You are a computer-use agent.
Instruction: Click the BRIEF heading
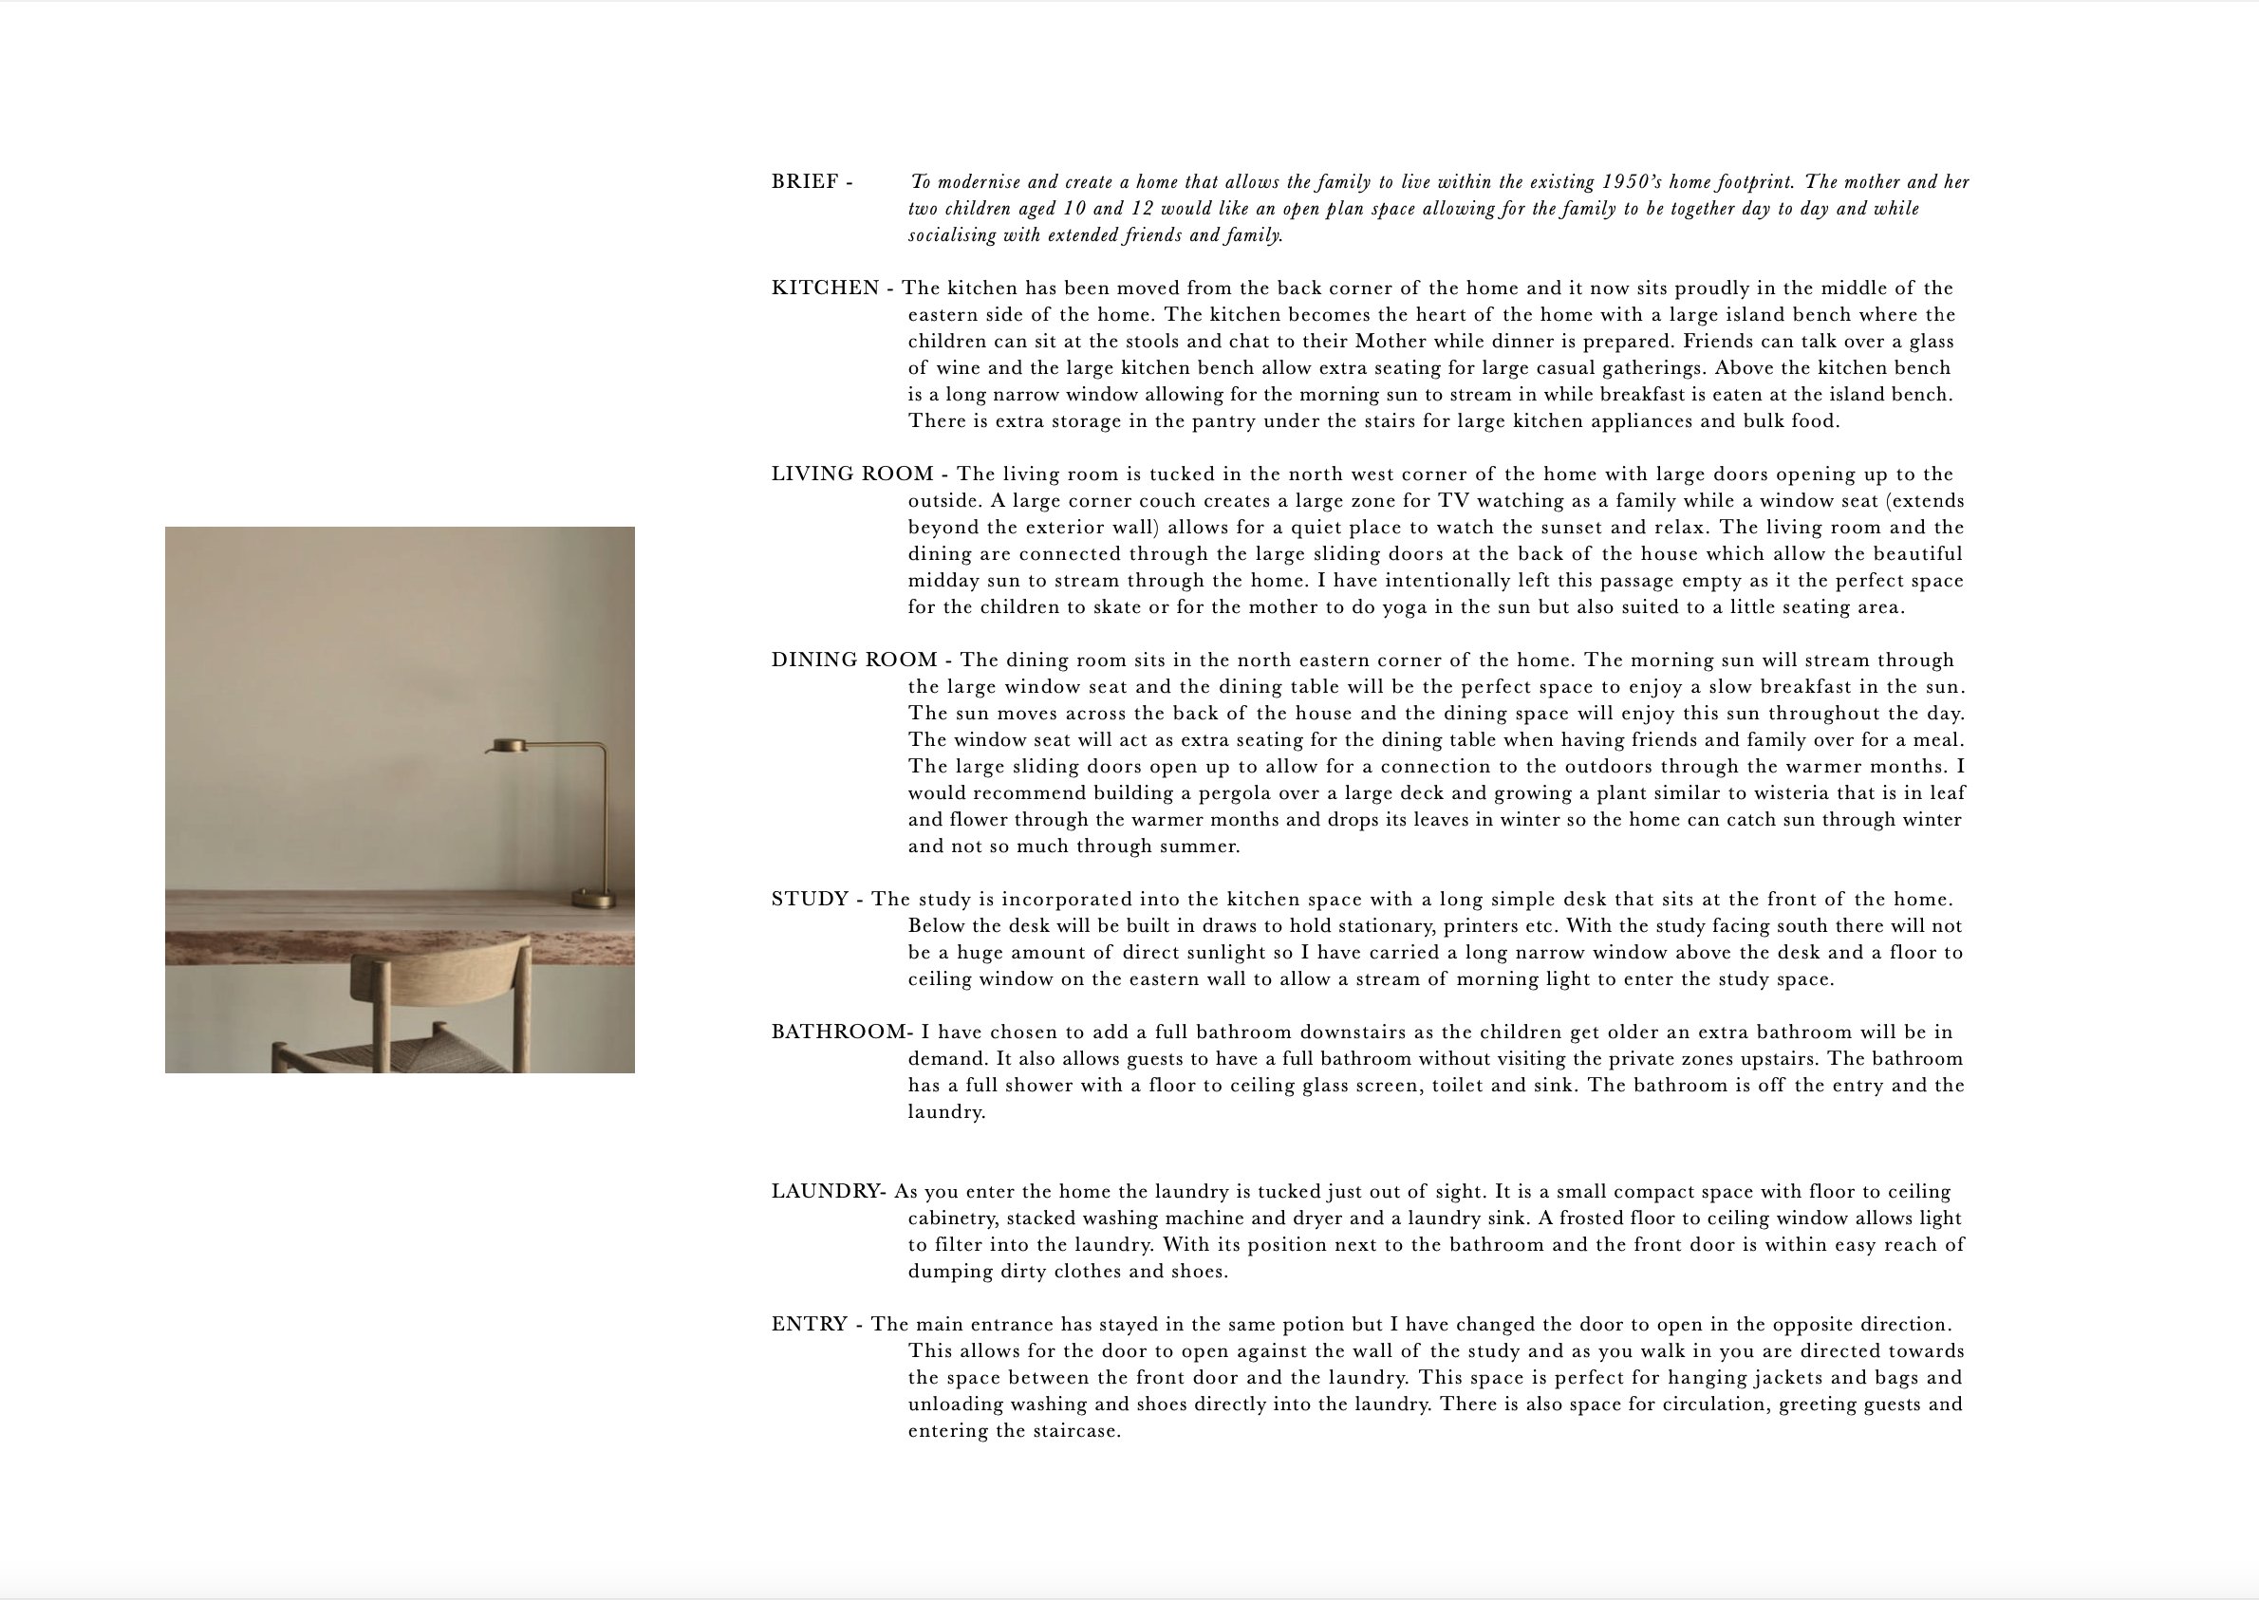pyautogui.click(x=804, y=182)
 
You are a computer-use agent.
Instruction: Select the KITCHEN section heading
pyautogui.click(x=825, y=288)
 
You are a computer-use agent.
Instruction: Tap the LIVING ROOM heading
pyautogui.click(x=851, y=474)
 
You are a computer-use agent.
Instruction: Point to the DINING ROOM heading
pyautogui.click(x=853, y=660)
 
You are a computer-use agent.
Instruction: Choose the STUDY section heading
pyautogui.click(x=808, y=900)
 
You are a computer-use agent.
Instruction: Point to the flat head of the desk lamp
pyautogui.click(x=510, y=746)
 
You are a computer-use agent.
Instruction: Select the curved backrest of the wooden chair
pyautogui.click(x=440, y=970)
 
